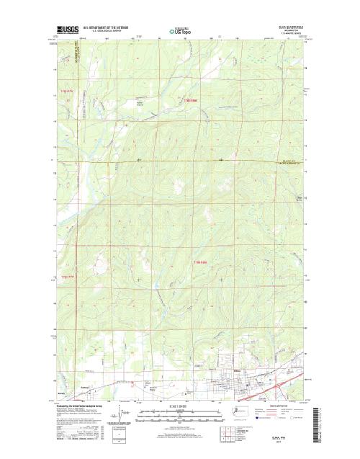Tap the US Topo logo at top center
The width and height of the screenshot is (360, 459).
click(181, 31)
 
